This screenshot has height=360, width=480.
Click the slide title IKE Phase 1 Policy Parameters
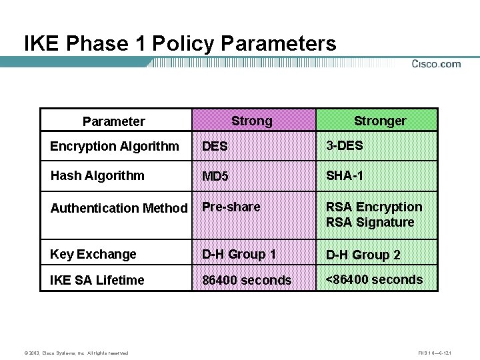(x=180, y=44)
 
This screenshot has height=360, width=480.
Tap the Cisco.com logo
(x=436, y=64)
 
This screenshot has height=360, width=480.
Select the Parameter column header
(x=113, y=121)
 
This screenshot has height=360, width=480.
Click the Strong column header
(x=251, y=121)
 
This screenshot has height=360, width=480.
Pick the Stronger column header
(x=379, y=121)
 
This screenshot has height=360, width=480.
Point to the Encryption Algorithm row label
(x=115, y=146)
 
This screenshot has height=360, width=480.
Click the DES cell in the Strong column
(x=215, y=147)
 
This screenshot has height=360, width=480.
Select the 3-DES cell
(x=344, y=145)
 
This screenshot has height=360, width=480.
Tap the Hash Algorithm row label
(x=97, y=175)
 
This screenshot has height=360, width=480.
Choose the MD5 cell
(x=215, y=177)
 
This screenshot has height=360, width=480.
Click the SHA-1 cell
(x=345, y=175)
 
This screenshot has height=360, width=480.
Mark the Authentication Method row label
(x=119, y=208)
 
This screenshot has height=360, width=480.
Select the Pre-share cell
(x=231, y=207)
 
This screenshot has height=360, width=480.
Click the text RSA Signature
(x=370, y=222)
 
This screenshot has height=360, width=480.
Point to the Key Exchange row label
(x=93, y=254)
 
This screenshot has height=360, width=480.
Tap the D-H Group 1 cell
(x=239, y=254)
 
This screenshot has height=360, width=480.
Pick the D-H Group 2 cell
(x=363, y=255)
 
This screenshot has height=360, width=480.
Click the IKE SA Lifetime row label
(x=97, y=280)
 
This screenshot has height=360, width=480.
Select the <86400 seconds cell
(x=373, y=279)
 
